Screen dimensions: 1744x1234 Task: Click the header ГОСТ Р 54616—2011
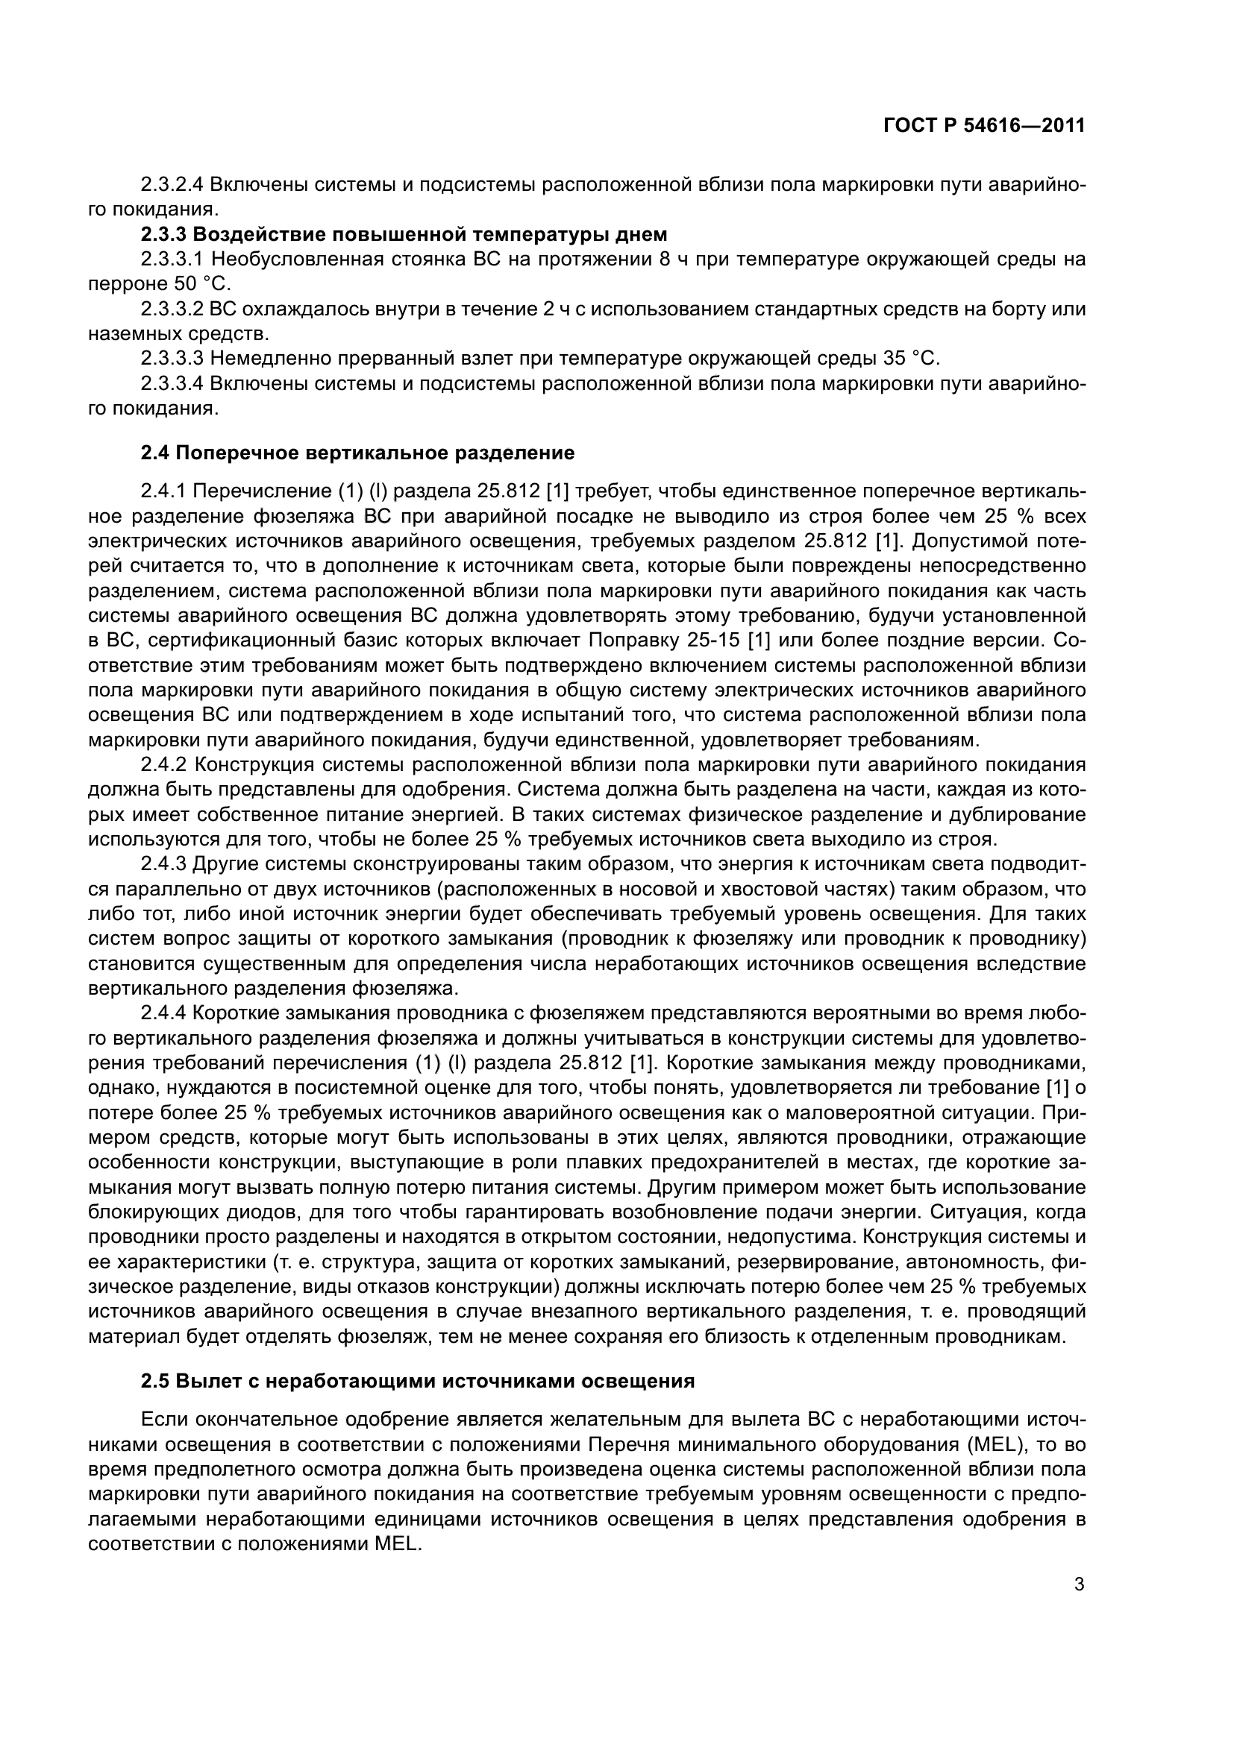tap(984, 125)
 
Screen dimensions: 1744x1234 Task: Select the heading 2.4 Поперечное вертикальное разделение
tap(357, 453)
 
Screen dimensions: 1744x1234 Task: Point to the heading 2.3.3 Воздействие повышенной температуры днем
tap(404, 235)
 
